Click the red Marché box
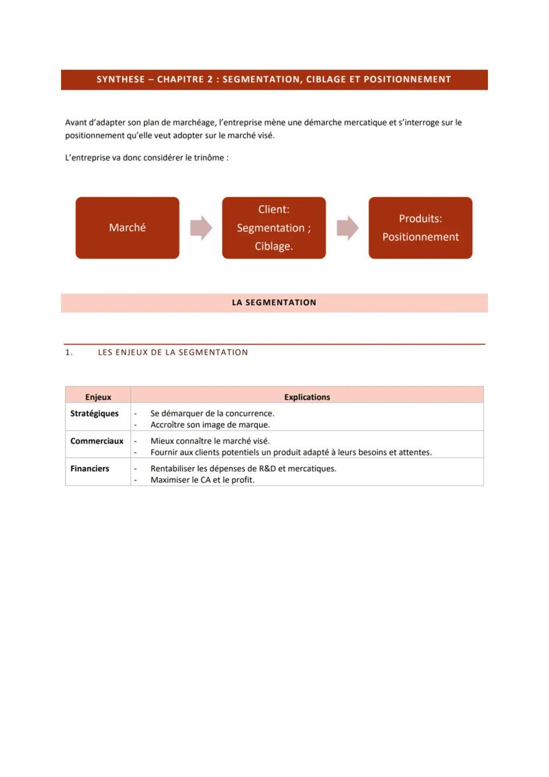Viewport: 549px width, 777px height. pos(127,228)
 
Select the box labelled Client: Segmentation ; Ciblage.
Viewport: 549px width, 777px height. pos(274,228)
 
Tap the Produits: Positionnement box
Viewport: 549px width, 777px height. pos(420,228)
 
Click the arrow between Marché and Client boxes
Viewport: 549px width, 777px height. pos(201,228)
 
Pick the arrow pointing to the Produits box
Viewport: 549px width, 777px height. pos(347,228)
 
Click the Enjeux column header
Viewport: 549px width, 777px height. pos(98,397)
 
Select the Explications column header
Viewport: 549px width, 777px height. pos(307,397)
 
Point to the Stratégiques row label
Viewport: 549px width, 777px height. pos(95,413)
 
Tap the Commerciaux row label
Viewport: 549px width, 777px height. pos(97,441)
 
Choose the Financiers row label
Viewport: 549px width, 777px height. pos(90,468)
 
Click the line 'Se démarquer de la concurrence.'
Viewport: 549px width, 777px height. pos(212,413)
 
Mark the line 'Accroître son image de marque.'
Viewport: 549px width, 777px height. pos(210,425)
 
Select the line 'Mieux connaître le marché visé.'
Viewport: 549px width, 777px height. pos(210,441)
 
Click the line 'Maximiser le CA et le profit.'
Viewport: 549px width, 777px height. pos(202,480)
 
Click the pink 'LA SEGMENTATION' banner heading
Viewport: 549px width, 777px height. pos(274,303)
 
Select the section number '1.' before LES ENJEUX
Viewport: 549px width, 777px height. pos(69,352)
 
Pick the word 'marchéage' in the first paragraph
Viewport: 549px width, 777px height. pos(188,123)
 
